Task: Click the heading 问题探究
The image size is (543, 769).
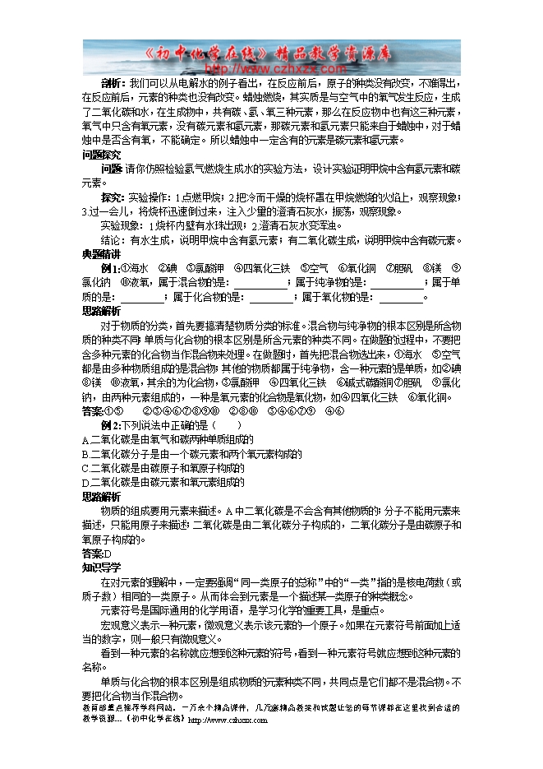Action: (102, 155)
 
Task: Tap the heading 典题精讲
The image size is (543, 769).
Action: (102, 253)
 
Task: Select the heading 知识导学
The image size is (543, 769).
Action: (102, 567)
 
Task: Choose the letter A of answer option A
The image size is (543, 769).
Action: (85, 439)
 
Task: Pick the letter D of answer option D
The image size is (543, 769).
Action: (85, 482)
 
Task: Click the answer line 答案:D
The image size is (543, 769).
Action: (95, 554)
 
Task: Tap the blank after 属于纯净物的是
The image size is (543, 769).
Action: (398, 283)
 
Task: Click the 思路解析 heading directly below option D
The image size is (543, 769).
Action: (102, 496)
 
